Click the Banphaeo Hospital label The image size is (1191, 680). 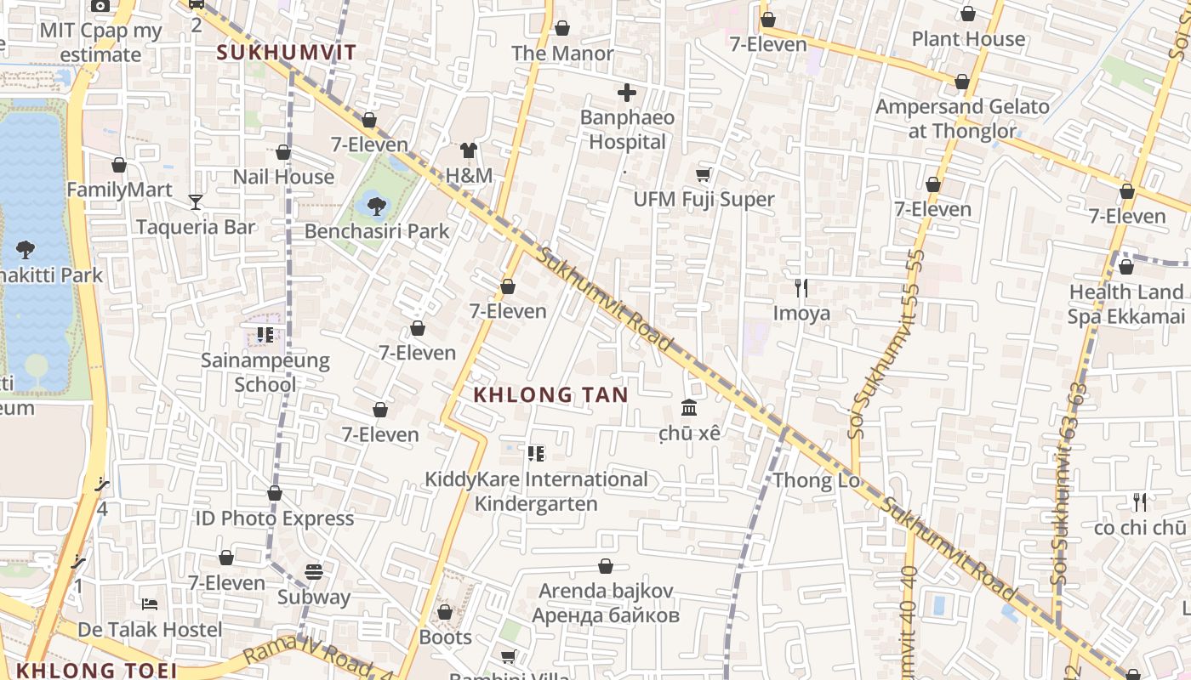click(628, 129)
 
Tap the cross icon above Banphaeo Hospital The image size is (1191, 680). click(627, 93)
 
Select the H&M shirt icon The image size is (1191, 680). click(469, 150)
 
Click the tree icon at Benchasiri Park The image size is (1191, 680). click(376, 205)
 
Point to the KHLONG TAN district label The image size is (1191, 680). click(550, 394)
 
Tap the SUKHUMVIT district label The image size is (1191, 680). click(286, 52)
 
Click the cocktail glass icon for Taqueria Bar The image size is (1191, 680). click(196, 201)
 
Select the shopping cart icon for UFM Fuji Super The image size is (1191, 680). click(704, 174)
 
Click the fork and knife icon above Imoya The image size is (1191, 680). click(801, 287)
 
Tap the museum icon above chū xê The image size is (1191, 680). click(689, 408)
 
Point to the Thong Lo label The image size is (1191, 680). click(816, 480)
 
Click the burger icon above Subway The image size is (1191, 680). click(314, 571)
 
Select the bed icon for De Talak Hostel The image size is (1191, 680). click(150, 604)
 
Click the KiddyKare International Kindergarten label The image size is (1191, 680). click(536, 491)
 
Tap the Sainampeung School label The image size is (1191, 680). click(265, 371)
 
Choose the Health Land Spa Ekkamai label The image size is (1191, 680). click(1125, 303)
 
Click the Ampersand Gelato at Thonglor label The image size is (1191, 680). click(962, 119)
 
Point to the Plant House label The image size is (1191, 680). click(968, 39)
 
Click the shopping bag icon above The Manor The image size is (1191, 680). click(561, 28)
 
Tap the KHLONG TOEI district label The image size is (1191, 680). click(96, 670)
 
